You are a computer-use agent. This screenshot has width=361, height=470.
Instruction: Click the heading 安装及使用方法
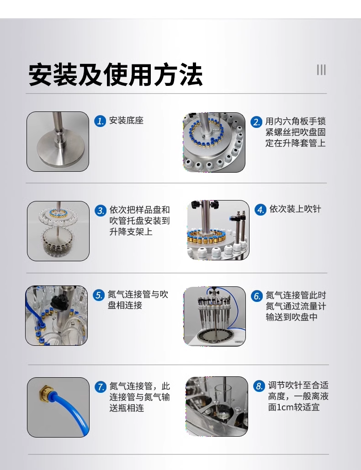pos(116,74)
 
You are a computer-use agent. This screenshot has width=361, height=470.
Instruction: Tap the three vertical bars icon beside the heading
pos(321,70)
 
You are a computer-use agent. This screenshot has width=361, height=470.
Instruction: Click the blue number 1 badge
pos(100,121)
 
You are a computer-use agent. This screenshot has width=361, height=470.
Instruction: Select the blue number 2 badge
pos(256,122)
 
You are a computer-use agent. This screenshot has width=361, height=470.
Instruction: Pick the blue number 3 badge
pos(101,211)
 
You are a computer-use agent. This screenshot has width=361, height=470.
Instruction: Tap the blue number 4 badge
pos(260,210)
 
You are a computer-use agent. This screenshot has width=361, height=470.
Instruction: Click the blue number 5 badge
pos(99,295)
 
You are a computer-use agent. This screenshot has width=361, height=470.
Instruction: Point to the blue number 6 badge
pos(257,296)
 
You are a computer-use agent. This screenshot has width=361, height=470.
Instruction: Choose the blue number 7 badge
pos(101,387)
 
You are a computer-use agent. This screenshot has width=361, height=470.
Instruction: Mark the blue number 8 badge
pos(259,386)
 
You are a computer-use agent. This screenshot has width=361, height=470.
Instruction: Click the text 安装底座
pos(126,121)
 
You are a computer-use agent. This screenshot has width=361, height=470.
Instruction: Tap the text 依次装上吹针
pos(295,209)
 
